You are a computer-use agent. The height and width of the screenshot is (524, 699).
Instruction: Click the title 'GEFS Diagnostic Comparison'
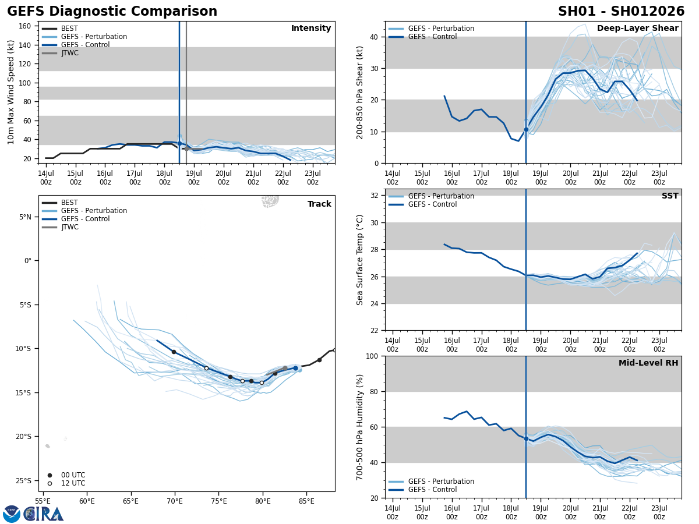(x=112, y=12)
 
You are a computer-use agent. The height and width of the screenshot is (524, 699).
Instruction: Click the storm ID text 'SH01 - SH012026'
(x=621, y=12)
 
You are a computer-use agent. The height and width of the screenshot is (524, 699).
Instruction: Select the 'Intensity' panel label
(x=311, y=29)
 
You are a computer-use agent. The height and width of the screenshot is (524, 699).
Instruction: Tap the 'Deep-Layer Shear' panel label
(x=637, y=29)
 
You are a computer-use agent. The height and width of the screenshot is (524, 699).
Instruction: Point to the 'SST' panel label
(x=670, y=196)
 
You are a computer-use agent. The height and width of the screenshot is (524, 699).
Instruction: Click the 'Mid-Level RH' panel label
(x=648, y=363)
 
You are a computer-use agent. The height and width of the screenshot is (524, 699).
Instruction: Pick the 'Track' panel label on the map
(x=319, y=204)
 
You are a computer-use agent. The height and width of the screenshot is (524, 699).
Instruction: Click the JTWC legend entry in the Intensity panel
(x=69, y=53)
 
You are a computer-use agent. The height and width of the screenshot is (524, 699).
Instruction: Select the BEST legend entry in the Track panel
(x=69, y=203)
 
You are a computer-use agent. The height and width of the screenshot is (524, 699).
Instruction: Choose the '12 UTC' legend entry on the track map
(x=73, y=483)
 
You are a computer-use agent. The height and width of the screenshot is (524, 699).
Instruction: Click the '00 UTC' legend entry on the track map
(x=73, y=475)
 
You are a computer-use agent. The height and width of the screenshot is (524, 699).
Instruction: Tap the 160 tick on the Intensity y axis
(x=25, y=26)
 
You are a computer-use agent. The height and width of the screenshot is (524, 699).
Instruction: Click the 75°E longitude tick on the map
(x=218, y=501)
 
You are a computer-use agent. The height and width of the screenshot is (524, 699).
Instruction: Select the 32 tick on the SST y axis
(x=375, y=196)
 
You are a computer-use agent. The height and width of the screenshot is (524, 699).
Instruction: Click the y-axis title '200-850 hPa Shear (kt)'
(x=361, y=92)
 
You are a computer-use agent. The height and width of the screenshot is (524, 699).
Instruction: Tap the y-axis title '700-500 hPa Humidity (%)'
(x=361, y=427)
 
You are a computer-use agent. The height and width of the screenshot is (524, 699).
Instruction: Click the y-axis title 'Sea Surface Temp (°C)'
(x=361, y=260)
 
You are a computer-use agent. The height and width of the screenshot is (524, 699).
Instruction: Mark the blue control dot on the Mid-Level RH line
(x=526, y=438)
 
